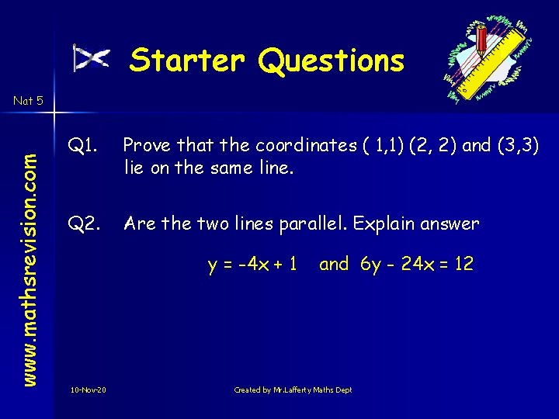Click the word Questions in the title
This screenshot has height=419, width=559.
tap(332, 61)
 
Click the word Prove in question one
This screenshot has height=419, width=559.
tap(147, 145)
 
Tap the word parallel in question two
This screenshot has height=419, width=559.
tap(307, 224)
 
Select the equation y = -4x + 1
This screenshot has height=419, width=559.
tap(252, 264)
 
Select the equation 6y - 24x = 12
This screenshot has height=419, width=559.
tap(417, 264)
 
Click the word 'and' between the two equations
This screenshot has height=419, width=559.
tap(334, 264)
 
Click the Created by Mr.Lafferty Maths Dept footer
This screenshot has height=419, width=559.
tap(293, 390)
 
